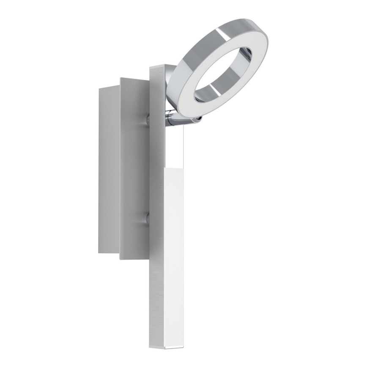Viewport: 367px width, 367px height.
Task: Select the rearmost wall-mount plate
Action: (108, 169)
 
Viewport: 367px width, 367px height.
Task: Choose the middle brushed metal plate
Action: (134, 169)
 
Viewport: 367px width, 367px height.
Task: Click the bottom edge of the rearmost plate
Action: (109, 252)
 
